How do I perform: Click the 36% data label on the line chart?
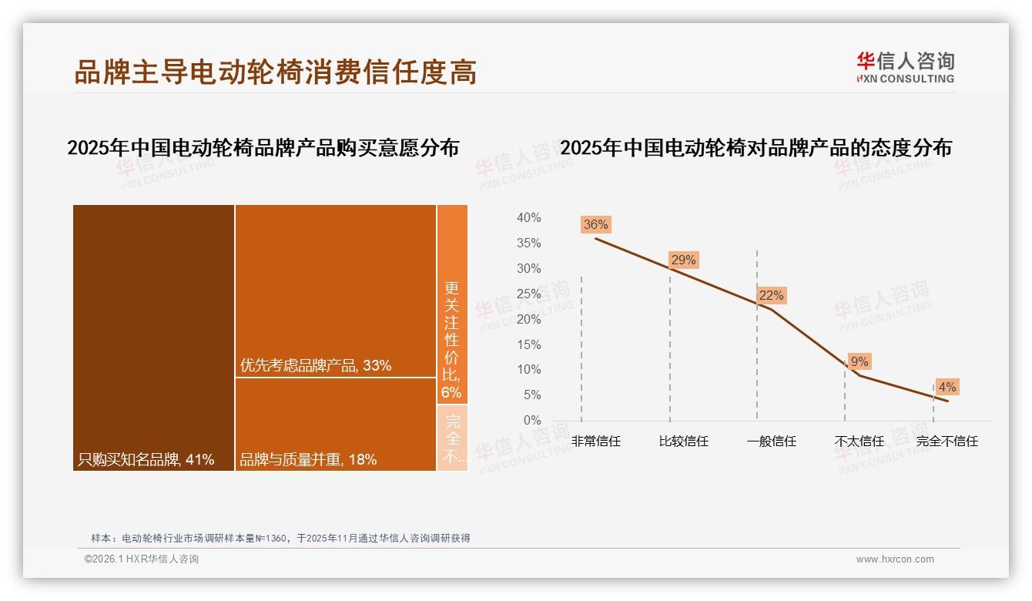pos(595,225)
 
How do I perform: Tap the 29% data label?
pos(683,260)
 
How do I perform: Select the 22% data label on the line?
pos(770,295)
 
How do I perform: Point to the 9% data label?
pos(859,361)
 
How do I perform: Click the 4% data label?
pos(947,387)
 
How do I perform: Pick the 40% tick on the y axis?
pos(528,218)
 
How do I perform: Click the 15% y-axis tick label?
pos(528,344)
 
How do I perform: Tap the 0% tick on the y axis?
pos(531,420)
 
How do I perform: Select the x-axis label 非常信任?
pos(595,442)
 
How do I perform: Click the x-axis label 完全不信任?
pos(947,442)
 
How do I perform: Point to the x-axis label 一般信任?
pos(771,442)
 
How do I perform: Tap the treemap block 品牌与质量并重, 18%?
pos(335,424)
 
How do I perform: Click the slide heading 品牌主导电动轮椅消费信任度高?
pos(275,72)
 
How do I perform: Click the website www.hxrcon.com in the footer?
pos(895,559)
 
